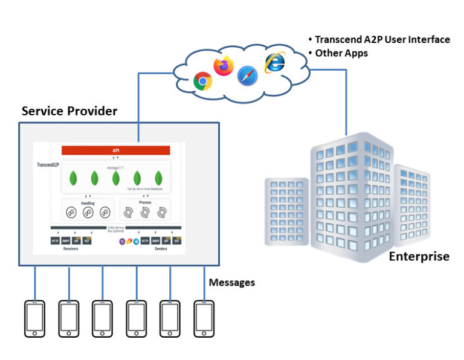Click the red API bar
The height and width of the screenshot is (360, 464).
[115, 150]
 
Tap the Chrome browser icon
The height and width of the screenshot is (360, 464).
[202, 81]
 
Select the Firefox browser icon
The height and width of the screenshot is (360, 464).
[224, 65]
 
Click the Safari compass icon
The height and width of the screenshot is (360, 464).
[247, 76]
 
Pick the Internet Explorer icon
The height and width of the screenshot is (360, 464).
[274, 62]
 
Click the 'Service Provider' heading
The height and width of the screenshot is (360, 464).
[69, 111]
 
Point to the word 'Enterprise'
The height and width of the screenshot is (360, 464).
[419, 256]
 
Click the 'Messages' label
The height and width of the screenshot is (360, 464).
[232, 282]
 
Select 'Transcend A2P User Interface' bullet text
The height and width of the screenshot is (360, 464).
[382, 39]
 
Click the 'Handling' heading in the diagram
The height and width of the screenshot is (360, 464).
[88, 204]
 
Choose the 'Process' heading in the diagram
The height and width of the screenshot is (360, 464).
[145, 204]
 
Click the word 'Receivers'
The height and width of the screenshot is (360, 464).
[71, 248]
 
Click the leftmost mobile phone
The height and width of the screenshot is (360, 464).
[34, 318]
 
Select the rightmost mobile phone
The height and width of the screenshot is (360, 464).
[204, 318]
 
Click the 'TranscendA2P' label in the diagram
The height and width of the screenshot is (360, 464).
[48, 164]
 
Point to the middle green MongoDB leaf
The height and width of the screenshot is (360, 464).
[116, 178]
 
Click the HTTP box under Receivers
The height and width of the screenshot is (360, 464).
[56, 240]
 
